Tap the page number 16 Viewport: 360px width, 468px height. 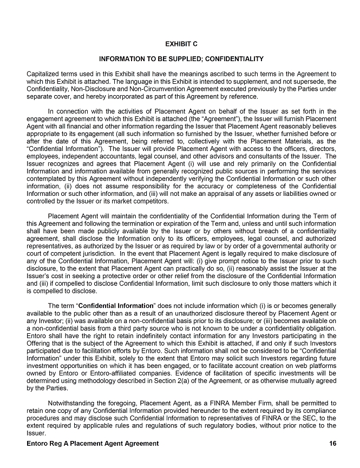pyautogui.click(x=332, y=444)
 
